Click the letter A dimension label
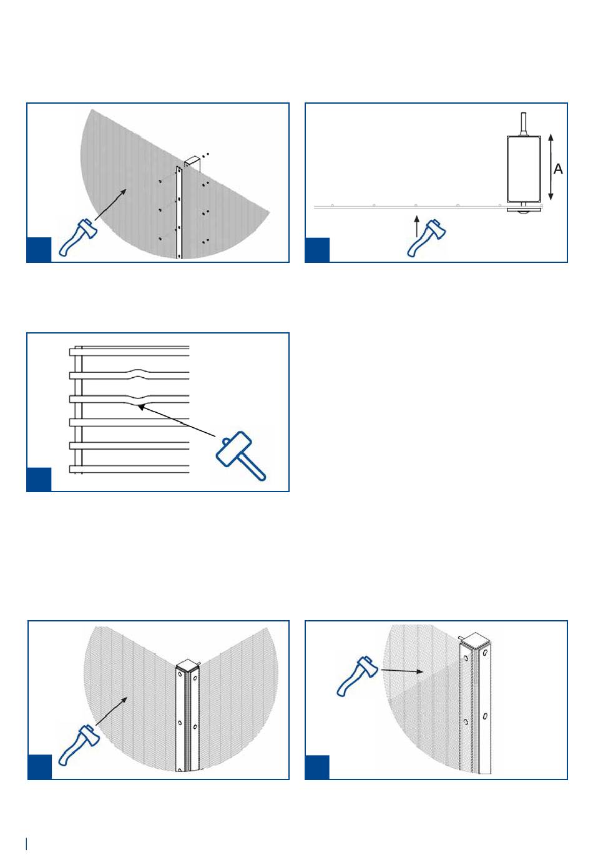(558, 169)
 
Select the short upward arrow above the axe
(417, 223)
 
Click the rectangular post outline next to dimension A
(523, 169)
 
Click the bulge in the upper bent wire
(139, 373)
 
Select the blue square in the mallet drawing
(39, 480)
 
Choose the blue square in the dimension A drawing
(317, 250)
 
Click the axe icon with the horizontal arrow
(355, 676)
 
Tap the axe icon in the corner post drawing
(78, 744)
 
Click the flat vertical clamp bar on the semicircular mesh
(180, 212)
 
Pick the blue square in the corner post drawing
(40, 767)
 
